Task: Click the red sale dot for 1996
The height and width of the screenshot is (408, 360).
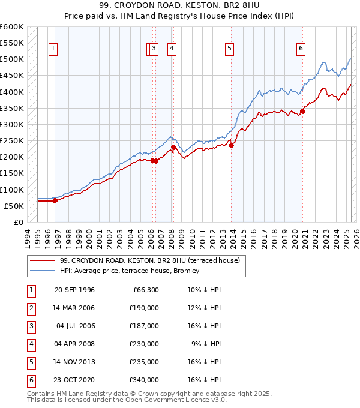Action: point(55,200)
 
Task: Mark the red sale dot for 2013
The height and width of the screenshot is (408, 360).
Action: point(231,145)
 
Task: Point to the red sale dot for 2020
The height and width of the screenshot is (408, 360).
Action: point(303,110)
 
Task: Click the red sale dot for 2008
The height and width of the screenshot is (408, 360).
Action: point(173,147)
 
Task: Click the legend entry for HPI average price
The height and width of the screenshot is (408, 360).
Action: point(133,271)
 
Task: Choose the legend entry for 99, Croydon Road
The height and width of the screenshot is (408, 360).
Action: point(150,260)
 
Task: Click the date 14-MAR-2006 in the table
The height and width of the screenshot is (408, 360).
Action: point(74,308)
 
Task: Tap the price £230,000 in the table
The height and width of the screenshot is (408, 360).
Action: point(144,344)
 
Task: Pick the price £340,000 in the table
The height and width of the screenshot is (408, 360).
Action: point(144,380)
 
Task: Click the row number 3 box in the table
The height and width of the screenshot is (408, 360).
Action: point(31,326)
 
